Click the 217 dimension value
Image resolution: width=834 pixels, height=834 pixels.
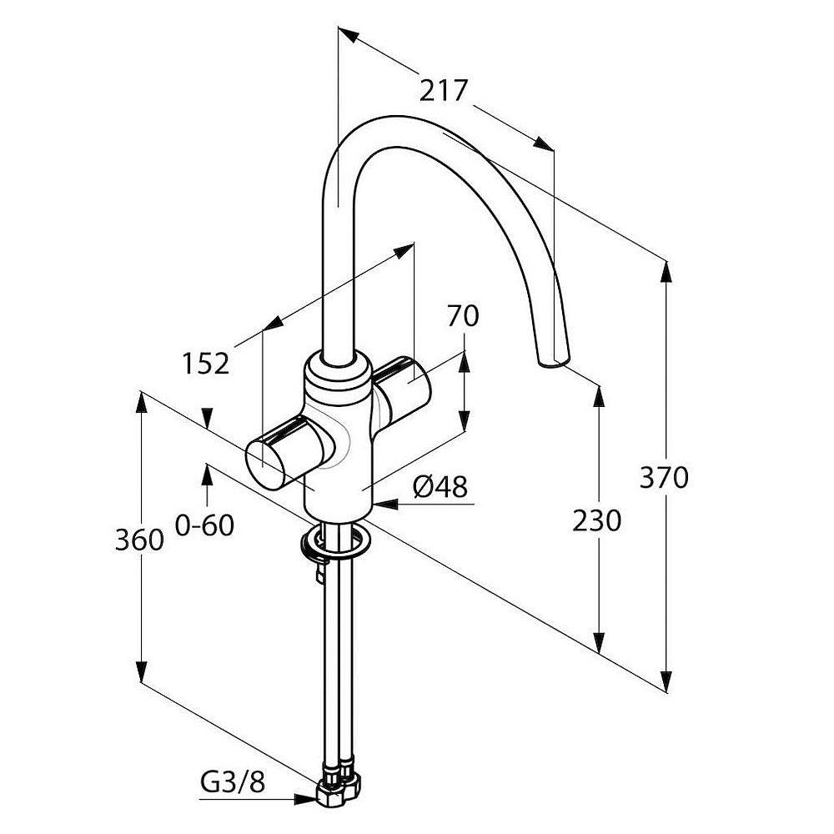(443, 90)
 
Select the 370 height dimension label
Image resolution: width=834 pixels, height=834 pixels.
(664, 477)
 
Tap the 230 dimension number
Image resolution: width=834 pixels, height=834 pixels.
(597, 520)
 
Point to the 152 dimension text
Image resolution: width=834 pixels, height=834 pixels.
(206, 364)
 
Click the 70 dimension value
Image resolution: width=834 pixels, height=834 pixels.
(463, 316)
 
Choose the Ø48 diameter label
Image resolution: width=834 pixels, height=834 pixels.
(440, 486)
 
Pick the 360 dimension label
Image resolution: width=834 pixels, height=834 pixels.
(139, 540)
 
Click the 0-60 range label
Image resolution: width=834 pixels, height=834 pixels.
(205, 525)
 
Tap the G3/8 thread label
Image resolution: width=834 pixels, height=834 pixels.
(233, 782)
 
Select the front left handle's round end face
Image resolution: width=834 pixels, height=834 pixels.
(266, 464)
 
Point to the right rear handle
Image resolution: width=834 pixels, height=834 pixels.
(403, 387)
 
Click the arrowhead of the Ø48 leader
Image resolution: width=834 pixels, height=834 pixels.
(385, 503)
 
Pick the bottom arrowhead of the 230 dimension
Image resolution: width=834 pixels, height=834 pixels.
(599, 642)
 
